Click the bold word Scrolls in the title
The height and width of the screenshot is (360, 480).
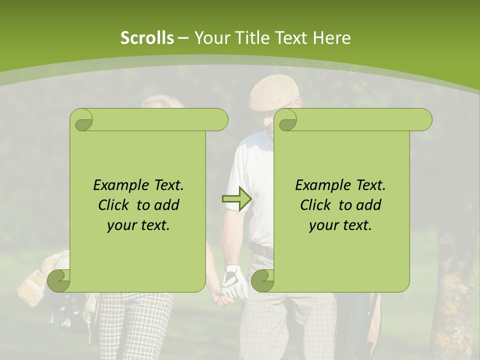[x=147, y=38]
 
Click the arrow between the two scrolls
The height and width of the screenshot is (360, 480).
[x=236, y=198]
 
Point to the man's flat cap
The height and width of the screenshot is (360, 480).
[x=273, y=93]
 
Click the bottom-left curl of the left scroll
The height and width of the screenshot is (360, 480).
[x=58, y=281]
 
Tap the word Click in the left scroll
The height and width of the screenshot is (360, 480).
[x=115, y=205]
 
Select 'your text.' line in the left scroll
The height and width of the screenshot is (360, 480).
[x=138, y=225]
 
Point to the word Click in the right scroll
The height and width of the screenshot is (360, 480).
[x=316, y=205]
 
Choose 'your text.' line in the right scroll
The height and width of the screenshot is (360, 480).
[x=340, y=225]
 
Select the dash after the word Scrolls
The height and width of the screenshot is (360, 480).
[x=183, y=38]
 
